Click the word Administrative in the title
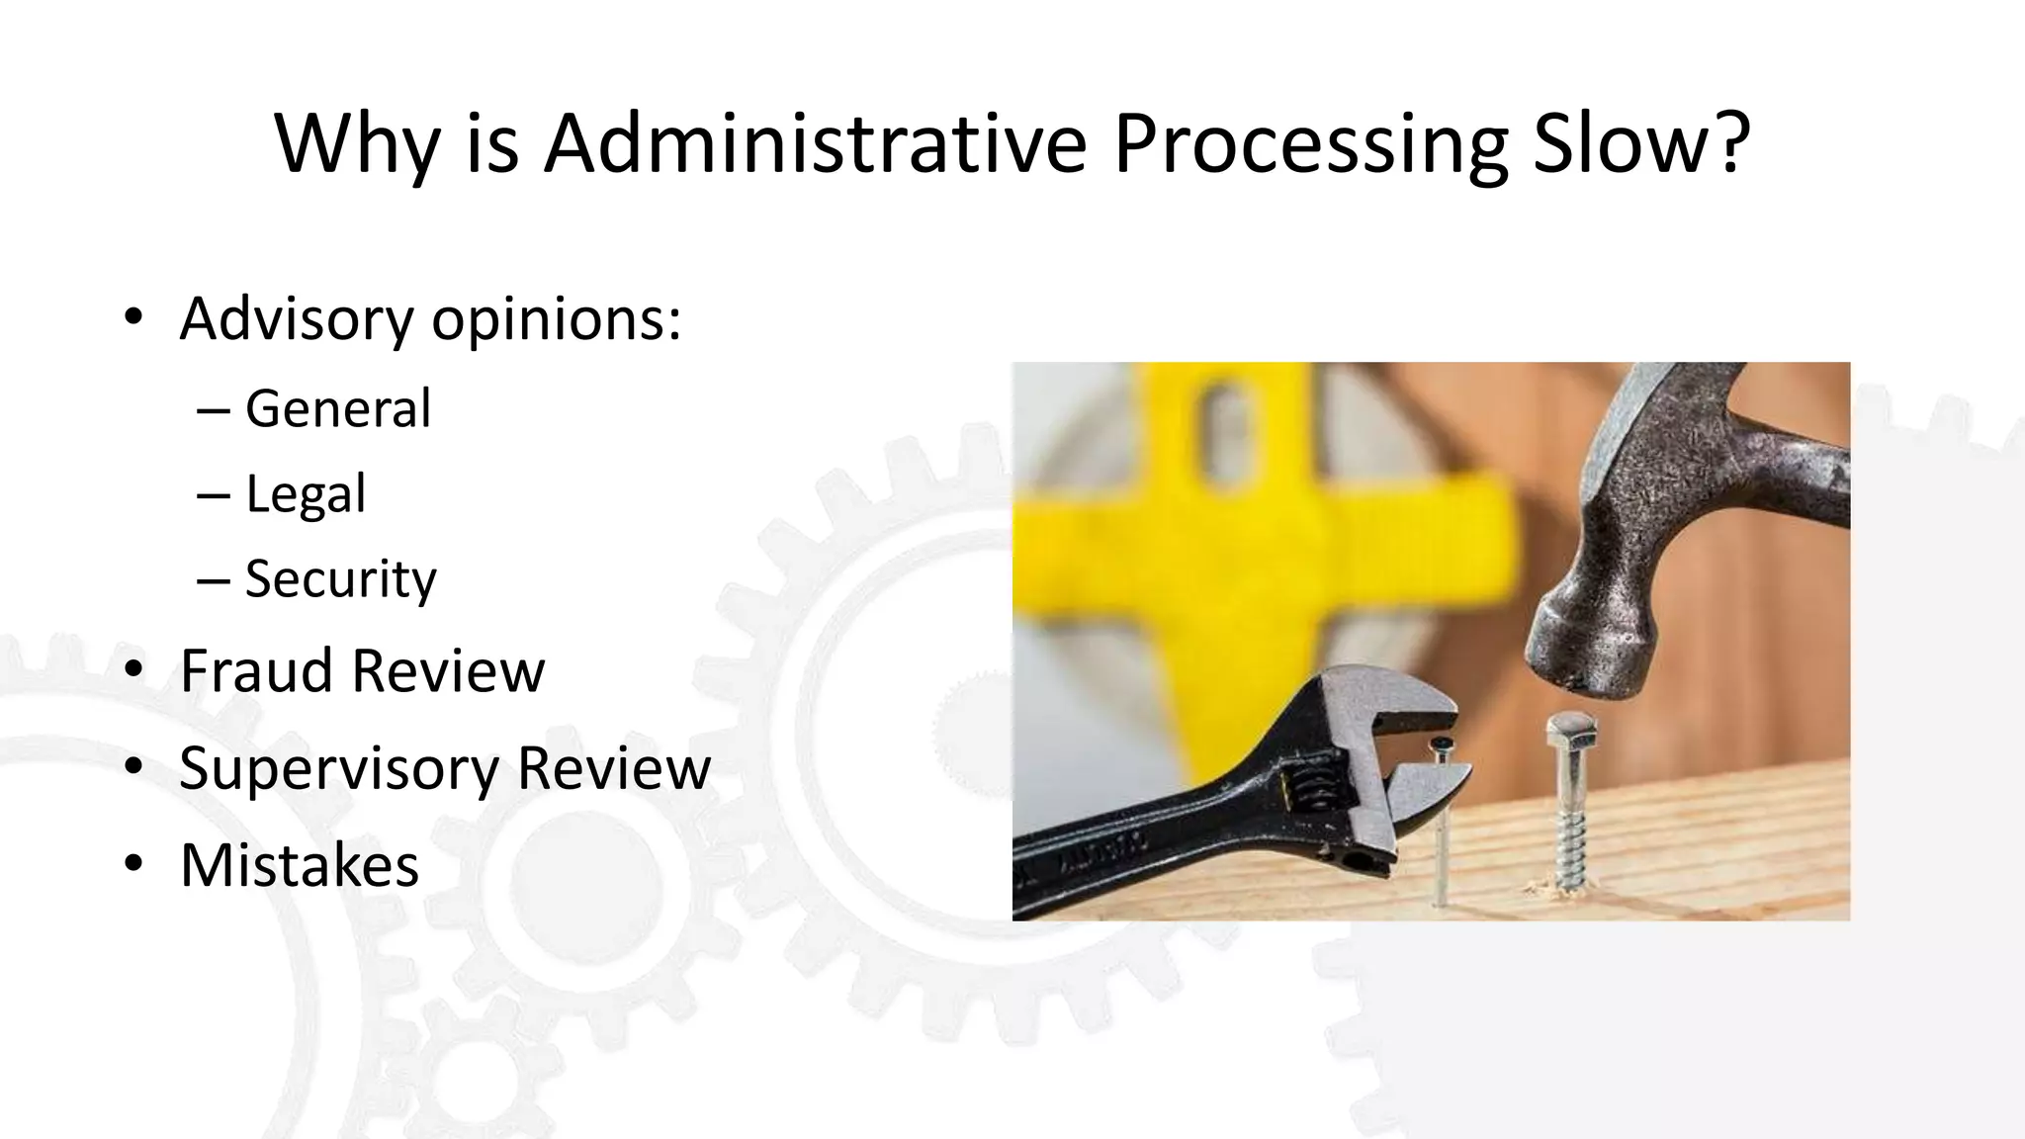point(815,143)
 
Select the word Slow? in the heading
point(1641,143)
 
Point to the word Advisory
point(297,319)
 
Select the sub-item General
point(338,408)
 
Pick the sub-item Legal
point(306,493)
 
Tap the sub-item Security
point(340,579)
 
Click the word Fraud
point(258,670)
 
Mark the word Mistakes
point(300,865)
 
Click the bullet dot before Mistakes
point(134,863)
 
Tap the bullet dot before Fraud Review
point(134,669)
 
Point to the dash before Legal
point(213,494)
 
